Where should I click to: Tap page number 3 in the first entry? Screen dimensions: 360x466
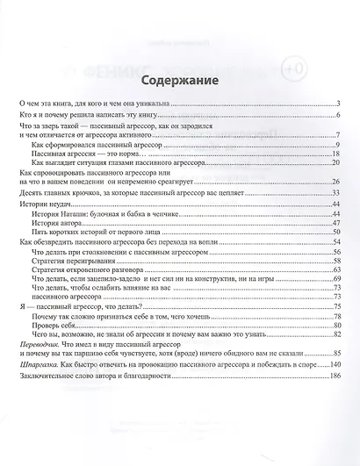(337, 104)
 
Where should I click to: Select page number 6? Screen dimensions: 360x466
(337, 116)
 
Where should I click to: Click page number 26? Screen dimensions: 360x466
(335, 182)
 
